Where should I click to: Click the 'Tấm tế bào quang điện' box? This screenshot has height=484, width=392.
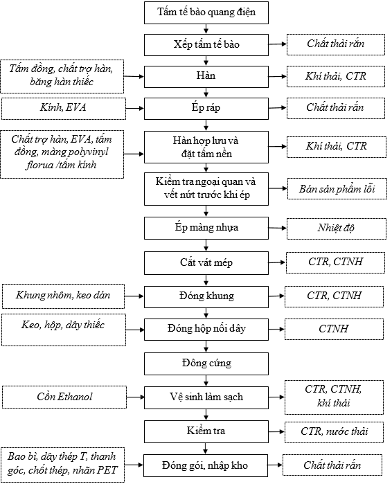tap(206, 12)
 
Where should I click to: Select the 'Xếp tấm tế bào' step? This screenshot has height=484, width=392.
tap(206, 45)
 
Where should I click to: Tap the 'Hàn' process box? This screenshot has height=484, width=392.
tap(206, 76)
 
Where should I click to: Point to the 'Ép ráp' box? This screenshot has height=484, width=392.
tap(206, 108)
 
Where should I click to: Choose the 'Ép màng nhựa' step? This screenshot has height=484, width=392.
tap(206, 228)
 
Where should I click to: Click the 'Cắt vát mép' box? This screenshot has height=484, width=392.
tap(206, 263)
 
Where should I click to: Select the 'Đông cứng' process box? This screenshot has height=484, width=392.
tap(206, 364)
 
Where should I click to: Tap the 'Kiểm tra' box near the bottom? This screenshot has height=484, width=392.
tap(206, 431)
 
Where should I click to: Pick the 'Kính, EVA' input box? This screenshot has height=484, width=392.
tap(64, 109)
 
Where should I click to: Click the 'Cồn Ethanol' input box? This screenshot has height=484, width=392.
tap(64, 397)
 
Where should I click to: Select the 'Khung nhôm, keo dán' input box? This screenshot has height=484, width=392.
tap(63, 296)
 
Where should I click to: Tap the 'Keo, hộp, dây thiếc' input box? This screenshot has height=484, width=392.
tap(64, 330)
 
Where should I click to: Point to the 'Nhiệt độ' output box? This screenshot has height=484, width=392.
tap(337, 228)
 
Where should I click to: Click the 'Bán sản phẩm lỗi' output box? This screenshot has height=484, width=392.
tap(337, 188)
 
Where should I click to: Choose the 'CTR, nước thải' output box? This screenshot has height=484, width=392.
tap(334, 433)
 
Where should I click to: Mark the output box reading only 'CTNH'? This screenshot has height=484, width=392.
tap(334, 330)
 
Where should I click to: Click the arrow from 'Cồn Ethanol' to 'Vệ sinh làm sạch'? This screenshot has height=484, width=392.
tap(135, 397)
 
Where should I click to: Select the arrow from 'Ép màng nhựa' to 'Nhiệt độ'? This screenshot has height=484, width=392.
tap(278, 228)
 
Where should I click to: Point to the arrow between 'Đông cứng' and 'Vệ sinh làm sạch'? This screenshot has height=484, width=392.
tap(206, 380)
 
